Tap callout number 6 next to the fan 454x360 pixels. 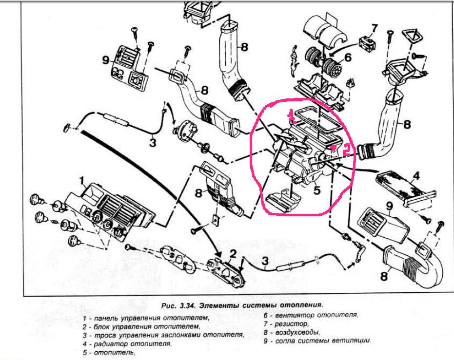[x=348, y=57]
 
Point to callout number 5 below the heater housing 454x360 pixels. [x=317, y=190]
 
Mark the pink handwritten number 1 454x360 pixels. [x=291, y=115]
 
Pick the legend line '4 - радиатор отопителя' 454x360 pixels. [x=127, y=343]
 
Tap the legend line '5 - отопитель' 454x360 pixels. [x=108, y=352]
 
